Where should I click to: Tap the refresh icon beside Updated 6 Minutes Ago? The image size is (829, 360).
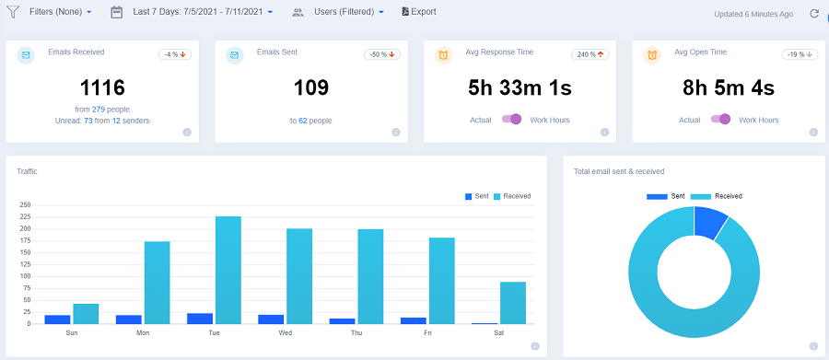813,14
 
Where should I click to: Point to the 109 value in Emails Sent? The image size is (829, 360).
310,88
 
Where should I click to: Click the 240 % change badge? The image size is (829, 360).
589,54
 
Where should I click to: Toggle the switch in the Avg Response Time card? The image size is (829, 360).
512,119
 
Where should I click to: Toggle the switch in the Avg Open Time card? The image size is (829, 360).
720,119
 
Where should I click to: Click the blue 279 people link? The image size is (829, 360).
99,110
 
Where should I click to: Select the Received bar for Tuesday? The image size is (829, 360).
228,270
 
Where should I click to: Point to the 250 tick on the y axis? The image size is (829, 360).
26,205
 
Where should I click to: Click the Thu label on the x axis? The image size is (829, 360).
356,332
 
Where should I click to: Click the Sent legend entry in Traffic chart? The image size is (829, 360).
476,196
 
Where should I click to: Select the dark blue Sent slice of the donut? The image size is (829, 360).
710,222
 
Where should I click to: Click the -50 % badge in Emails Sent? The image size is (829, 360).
380,54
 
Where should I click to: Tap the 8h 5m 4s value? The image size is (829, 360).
728,88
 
